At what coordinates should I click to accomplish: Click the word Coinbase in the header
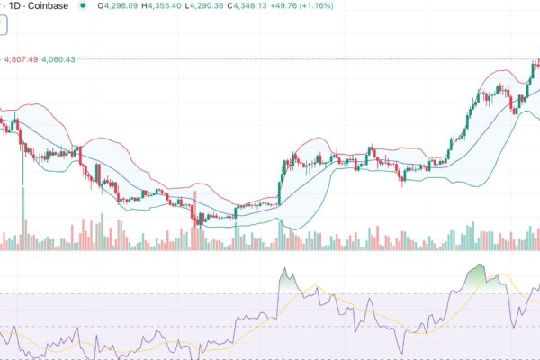pyautogui.click(x=49, y=6)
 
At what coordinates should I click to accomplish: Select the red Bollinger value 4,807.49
pyautogui.click(x=21, y=59)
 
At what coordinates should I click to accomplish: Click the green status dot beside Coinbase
pyautogui.click(x=83, y=6)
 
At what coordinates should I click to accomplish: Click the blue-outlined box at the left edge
pyautogui.click(x=3, y=27)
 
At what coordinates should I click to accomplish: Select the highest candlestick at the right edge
pyautogui.click(x=536, y=65)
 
